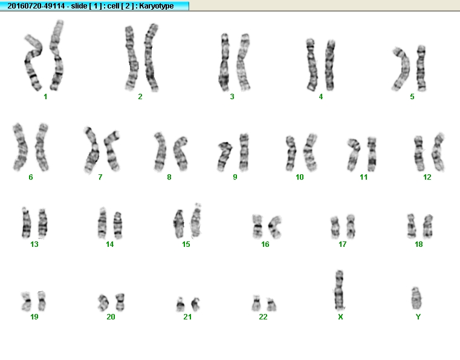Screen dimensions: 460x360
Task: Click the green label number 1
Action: [x=45, y=97]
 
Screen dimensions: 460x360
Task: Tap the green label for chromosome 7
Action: [x=100, y=177]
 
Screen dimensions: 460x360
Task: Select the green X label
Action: [x=340, y=317]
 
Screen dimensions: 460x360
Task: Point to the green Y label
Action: [x=418, y=317]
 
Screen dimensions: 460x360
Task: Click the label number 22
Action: [x=263, y=317]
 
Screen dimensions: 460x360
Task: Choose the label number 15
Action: [x=186, y=244]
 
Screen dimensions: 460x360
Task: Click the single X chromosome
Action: [x=340, y=290]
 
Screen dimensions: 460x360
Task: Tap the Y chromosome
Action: [x=416, y=298]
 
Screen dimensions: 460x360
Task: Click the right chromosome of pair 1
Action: [x=57, y=55]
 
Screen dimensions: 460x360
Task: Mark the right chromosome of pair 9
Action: [x=244, y=152]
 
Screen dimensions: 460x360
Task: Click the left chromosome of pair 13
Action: [x=26, y=223]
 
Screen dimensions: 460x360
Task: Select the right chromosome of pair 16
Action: [x=275, y=227]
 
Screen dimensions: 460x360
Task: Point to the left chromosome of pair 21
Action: [x=180, y=304]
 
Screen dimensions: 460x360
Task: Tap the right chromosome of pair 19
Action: [x=42, y=301]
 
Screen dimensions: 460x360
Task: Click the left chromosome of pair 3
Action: [x=224, y=62]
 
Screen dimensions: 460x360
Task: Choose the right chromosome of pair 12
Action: [x=438, y=152]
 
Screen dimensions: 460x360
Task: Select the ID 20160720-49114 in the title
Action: [x=36, y=6]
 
